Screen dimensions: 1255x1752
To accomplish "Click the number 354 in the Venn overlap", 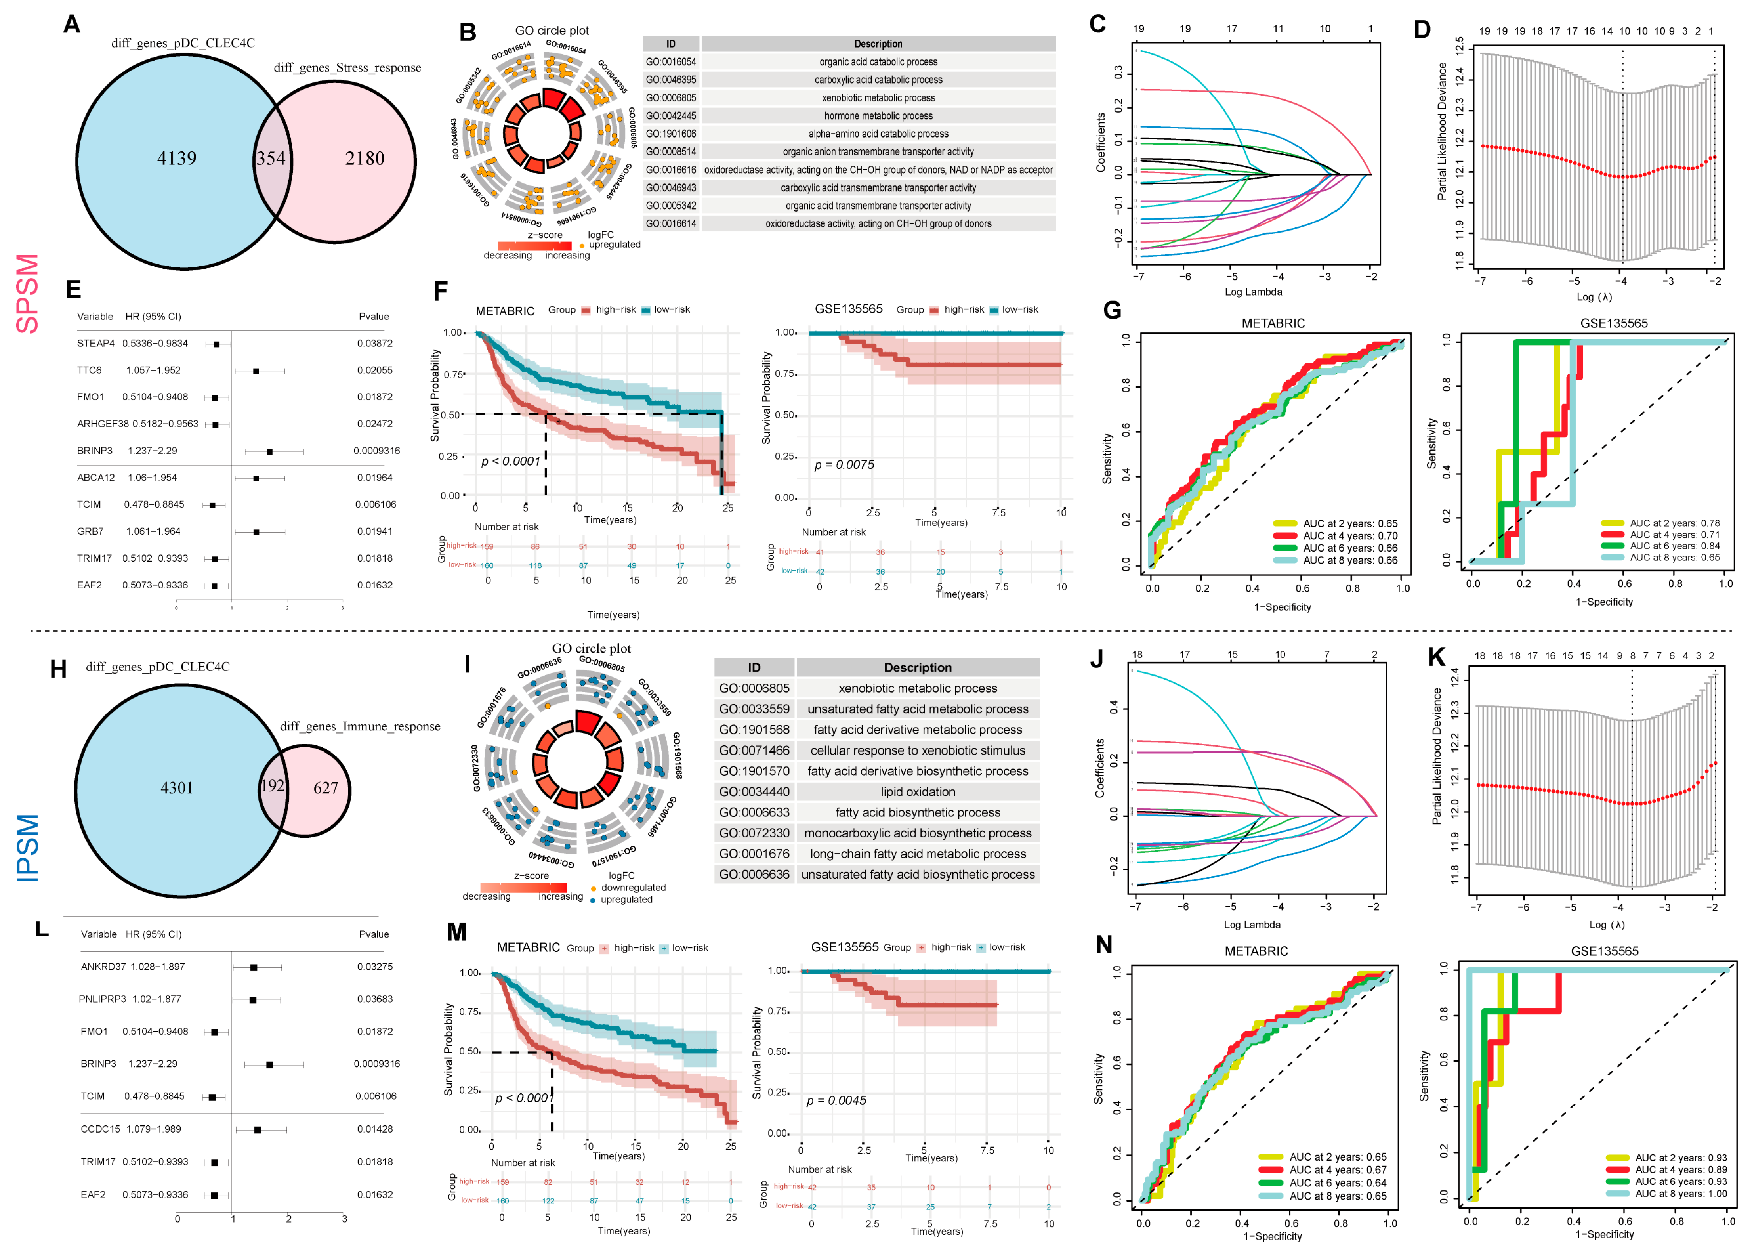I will [x=271, y=159].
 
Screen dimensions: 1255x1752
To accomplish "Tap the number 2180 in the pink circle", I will [x=365, y=159].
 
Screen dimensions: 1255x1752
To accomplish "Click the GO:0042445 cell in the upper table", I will [x=670, y=116].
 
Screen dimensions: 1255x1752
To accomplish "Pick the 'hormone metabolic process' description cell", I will [x=878, y=116].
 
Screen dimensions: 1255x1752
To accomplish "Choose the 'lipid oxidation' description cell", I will [x=918, y=791].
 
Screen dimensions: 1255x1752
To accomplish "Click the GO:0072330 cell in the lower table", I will [x=754, y=833].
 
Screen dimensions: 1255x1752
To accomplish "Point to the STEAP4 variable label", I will [x=96, y=343].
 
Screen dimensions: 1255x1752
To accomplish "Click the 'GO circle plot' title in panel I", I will [x=591, y=648].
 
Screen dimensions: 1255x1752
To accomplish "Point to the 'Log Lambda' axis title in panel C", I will [x=1253, y=292].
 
